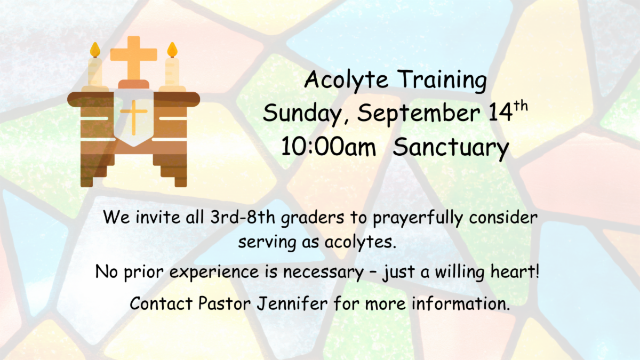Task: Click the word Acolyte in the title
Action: pyautogui.click(x=346, y=79)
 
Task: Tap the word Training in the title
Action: pyautogui.click(x=442, y=79)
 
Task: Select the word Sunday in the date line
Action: pyautogui.click(x=305, y=114)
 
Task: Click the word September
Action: pyautogui.click(x=419, y=114)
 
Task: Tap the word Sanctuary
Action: pyautogui.click(x=451, y=148)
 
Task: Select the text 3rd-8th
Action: pyautogui.click(x=243, y=217)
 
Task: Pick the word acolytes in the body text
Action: pyautogui.click(x=361, y=242)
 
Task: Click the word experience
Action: pyautogui.click(x=214, y=273)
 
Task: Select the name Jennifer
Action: pyautogui.click(x=292, y=303)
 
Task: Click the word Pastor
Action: pyautogui.click(x=225, y=303)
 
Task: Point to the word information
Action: pyautogui.click(x=461, y=303)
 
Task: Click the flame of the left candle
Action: pyautogui.click(x=95, y=50)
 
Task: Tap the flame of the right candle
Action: pyautogui.click(x=172, y=50)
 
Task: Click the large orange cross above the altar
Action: pyautogui.click(x=134, y=58)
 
